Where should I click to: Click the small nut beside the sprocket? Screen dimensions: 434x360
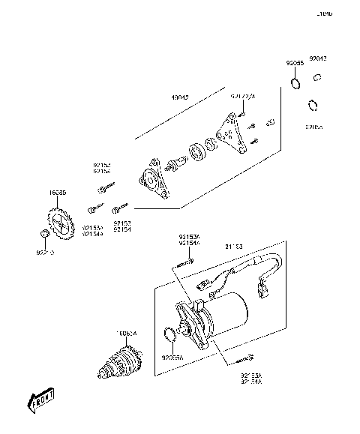click(x=44, y=237)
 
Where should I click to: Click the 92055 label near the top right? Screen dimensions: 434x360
click(x=294, y=64)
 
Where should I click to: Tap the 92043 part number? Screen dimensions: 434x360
click(x=318, y=58)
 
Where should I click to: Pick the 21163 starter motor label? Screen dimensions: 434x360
click(x=234, y=246)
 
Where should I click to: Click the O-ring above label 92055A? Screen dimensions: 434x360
click(x=169, y=336)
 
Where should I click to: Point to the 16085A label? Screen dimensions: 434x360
click(x=126, y=334)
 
